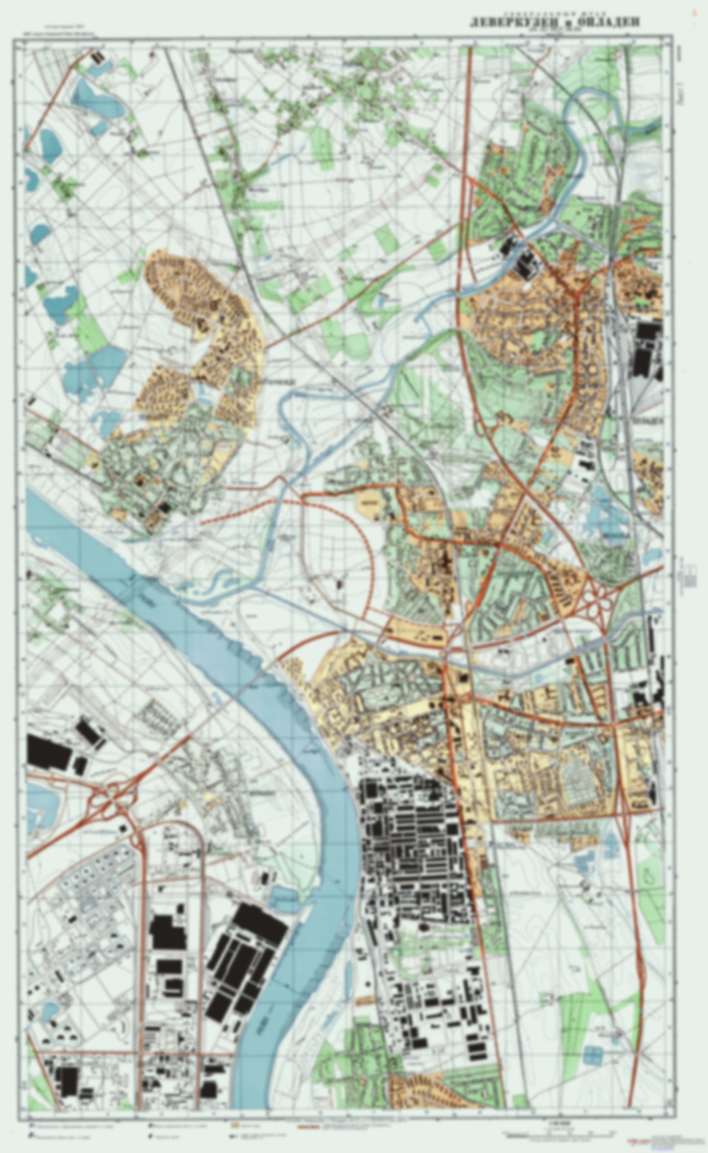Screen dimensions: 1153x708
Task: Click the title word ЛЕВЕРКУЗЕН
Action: click(513, 23)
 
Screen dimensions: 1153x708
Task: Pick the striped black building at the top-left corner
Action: click(98, 57)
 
